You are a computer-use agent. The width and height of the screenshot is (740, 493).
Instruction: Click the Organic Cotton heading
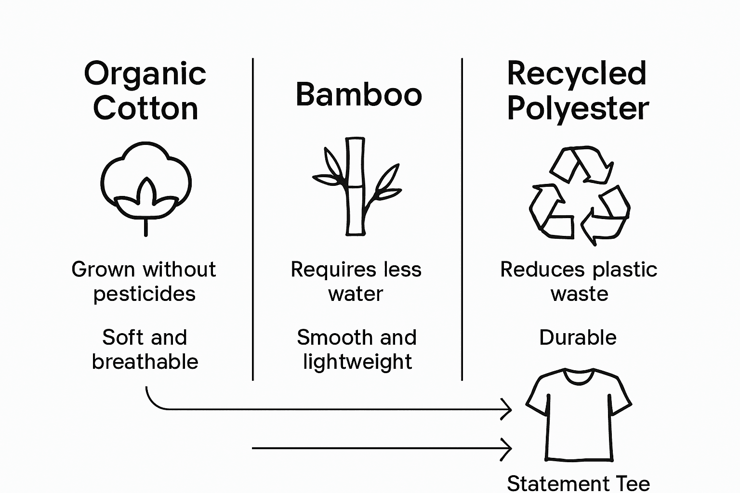(x=145, y=91)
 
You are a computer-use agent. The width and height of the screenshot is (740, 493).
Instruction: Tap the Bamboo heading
(x=358, y=94)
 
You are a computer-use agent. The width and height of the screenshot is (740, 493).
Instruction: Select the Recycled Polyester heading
(x=577, y=91)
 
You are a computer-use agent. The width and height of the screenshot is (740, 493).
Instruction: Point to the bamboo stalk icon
(x=357, y=187)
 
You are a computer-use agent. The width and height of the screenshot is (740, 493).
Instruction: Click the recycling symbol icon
(x=579, y=195)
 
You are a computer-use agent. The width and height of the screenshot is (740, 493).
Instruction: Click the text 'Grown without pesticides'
(x=144, y=282)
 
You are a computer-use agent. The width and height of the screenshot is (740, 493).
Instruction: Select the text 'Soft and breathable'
(x=145, y=350)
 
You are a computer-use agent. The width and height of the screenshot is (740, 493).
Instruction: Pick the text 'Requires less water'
(x=356, y=282)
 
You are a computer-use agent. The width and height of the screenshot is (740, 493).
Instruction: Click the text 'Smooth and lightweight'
(x=357, y=350)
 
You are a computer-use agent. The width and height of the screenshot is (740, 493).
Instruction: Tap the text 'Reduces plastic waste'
(x=579, y=282)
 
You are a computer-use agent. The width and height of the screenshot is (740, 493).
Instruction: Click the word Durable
(x=578, y=337)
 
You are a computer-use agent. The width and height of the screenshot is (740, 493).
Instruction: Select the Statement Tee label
(x=578, y=483)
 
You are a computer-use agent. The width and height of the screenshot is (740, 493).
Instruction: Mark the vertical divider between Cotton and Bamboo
(x=253, y=219)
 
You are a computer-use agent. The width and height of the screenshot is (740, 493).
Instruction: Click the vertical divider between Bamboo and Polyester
(x=462, y=219)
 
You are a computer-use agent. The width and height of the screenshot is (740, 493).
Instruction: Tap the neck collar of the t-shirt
(x=578, y=377)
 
